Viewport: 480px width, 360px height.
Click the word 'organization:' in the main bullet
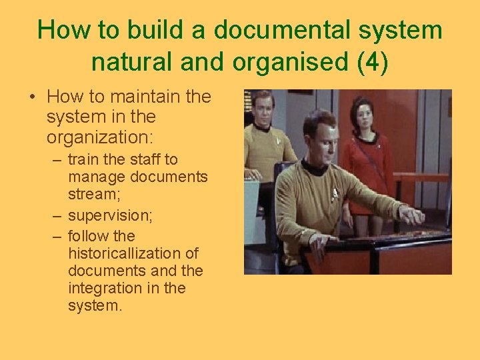pyautogui.click(x=100, y=137)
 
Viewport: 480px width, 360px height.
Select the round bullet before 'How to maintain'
pyautogui.click(x=32, y=97)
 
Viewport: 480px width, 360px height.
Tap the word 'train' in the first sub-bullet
pyautogui.click(x=84, y=160)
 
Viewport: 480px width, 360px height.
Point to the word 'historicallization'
pyautogui.click(x=133, y=253)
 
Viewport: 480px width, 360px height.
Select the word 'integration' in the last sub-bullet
pyautogui.click(x=103, y=288)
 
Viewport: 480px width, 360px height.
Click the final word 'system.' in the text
pyautogui.click(x=95, y=305)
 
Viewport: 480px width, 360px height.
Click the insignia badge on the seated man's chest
pyautogui.click(x=335, y=193)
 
